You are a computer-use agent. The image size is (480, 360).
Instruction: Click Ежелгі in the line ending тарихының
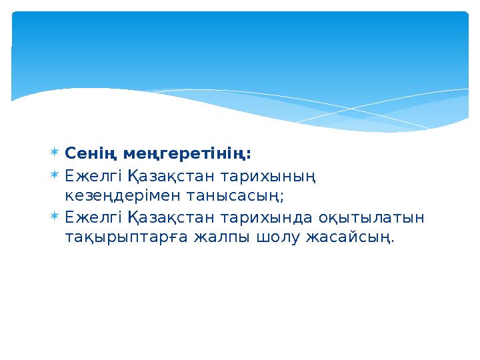(x=83, y=177)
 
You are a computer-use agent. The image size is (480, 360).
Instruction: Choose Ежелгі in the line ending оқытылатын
(x=83, y=218)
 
